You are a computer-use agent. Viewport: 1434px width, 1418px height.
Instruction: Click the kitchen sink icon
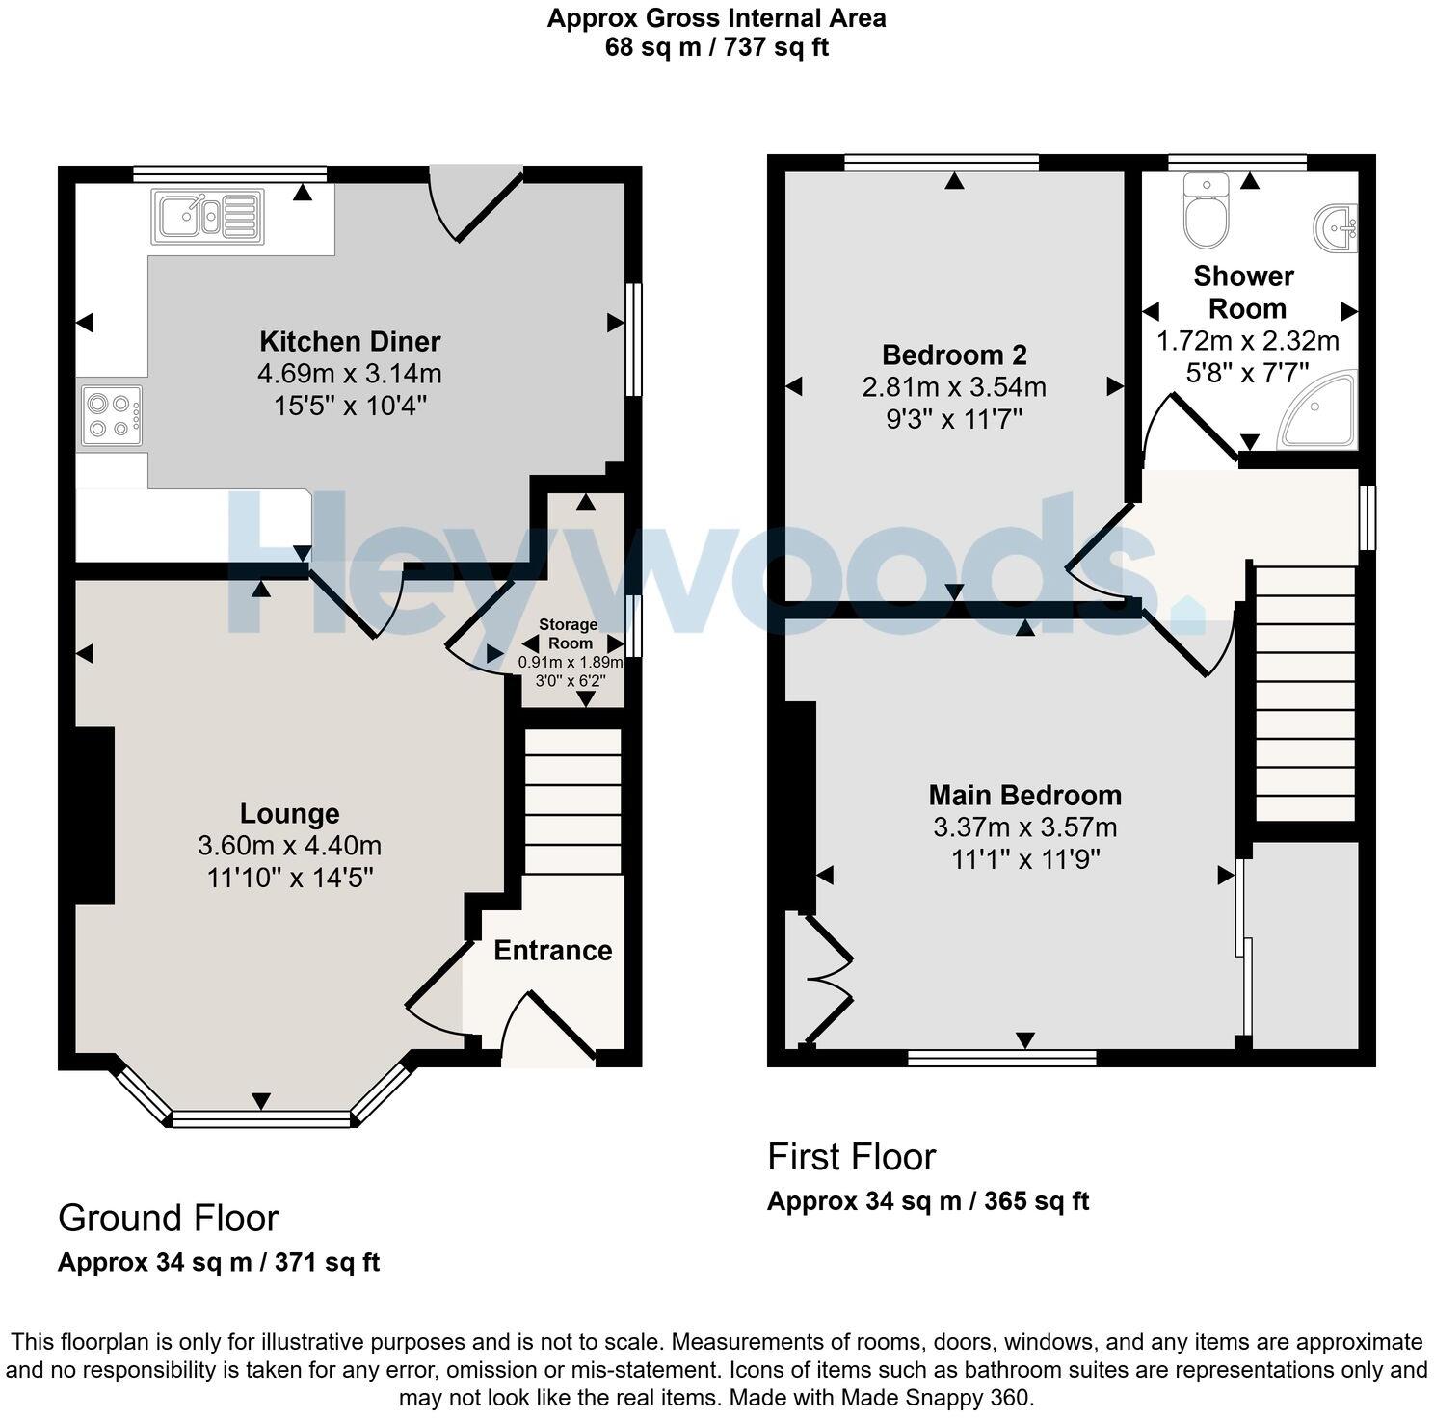coord(207,215)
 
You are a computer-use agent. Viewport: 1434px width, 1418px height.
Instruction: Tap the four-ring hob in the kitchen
coord(112,415)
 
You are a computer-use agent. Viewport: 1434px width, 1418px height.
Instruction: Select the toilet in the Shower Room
coord(1204,210)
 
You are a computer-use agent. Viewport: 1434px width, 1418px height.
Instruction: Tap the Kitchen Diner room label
coord(350,341)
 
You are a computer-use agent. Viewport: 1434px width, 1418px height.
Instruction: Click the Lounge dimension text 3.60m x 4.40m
coord(289,846)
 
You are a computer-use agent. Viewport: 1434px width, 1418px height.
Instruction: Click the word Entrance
coord(553,951)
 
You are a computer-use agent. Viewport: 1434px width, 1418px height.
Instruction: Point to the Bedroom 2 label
coord(954,354)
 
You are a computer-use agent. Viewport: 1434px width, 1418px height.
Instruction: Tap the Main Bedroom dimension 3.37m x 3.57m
coord(1025,827)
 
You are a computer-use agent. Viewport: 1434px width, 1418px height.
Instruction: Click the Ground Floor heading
coord(169,1218)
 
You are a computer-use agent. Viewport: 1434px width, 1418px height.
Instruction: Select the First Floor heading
coord(851,1156)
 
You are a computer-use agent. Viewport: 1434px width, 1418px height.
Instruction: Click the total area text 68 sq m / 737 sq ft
coord(717,46)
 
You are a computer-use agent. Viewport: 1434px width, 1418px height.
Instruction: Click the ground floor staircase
coord(572,801)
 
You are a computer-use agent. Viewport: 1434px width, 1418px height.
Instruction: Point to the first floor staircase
coord(1306,694)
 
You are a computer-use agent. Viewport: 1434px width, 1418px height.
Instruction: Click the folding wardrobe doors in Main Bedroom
coord(827,980)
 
